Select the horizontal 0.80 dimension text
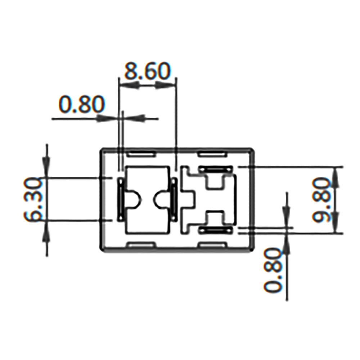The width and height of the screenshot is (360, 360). click(x=81, y=105)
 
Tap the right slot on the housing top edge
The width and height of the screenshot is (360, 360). click(x=212, y=153)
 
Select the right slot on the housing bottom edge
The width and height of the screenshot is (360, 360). click(x=212, y=245)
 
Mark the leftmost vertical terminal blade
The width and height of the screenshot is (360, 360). click(x=120, y=199)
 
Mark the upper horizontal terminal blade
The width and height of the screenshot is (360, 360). click(x=215, y=168)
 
